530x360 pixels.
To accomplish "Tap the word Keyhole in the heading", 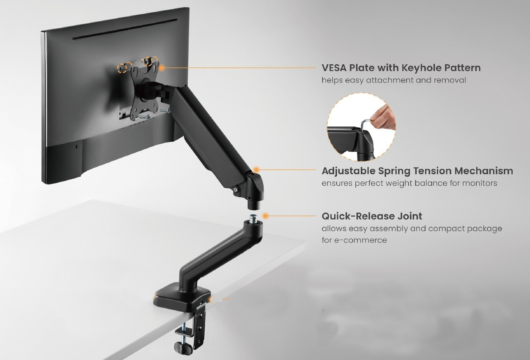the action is tap(422, 68).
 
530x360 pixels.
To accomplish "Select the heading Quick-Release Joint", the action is tap(372, 216).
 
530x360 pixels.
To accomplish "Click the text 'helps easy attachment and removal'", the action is tap(394, 80).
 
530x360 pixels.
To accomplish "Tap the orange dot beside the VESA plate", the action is tap(162, 68).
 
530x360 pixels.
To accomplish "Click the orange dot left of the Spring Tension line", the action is tap(256, 170).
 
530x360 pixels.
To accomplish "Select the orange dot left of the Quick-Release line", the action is tap(266, 216).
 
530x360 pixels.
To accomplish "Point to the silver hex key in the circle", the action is tap(365, 125).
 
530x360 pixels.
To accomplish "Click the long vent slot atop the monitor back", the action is tap(125, 29).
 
